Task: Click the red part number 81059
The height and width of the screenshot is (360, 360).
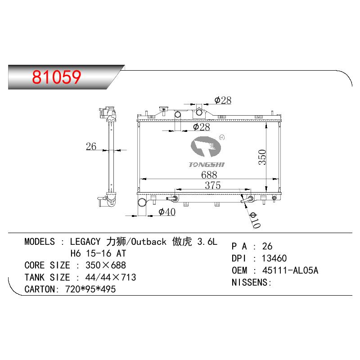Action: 57,77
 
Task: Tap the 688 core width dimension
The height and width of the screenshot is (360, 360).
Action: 209,175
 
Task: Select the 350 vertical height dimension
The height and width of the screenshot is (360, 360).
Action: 262,157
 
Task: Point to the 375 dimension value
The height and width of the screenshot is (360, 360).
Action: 212,185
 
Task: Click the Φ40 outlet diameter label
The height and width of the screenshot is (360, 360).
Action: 167,211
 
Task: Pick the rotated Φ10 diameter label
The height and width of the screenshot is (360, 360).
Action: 255,220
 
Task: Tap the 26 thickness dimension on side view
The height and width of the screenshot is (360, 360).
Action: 91,147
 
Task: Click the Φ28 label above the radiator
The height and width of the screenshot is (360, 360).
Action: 223,100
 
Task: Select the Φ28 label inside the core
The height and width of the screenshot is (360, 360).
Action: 201,127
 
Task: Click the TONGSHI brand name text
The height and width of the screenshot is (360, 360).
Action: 207,165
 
